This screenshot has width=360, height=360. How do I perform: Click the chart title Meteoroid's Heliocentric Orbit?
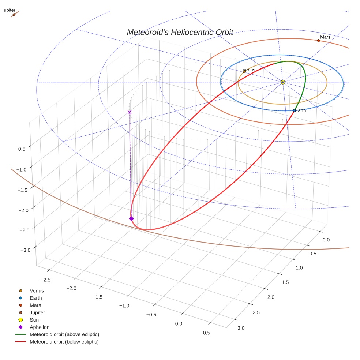180,32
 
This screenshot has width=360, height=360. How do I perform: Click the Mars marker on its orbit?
318,41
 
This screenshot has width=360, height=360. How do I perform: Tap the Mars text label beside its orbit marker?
325,37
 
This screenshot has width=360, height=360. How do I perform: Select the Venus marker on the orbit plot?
244,72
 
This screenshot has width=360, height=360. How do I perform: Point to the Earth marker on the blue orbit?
295,110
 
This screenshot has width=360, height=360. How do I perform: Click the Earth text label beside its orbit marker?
300,110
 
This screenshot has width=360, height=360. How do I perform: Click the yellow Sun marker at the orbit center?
283,82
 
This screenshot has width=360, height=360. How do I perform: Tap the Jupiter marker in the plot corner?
14,15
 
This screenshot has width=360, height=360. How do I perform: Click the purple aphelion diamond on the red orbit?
131,218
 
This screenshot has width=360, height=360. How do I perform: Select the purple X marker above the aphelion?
129,112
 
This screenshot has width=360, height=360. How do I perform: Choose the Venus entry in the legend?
37,291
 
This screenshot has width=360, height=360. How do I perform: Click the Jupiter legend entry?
37,313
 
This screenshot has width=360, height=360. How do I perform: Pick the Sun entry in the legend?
34,320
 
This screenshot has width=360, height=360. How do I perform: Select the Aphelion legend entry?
40,327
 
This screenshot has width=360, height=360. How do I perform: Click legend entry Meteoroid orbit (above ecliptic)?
64,334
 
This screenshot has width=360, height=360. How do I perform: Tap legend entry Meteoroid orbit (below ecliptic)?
64,342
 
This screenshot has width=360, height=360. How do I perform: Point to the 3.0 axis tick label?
241,328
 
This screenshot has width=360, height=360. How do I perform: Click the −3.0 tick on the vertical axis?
26,250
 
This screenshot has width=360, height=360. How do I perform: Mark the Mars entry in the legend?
35,305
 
